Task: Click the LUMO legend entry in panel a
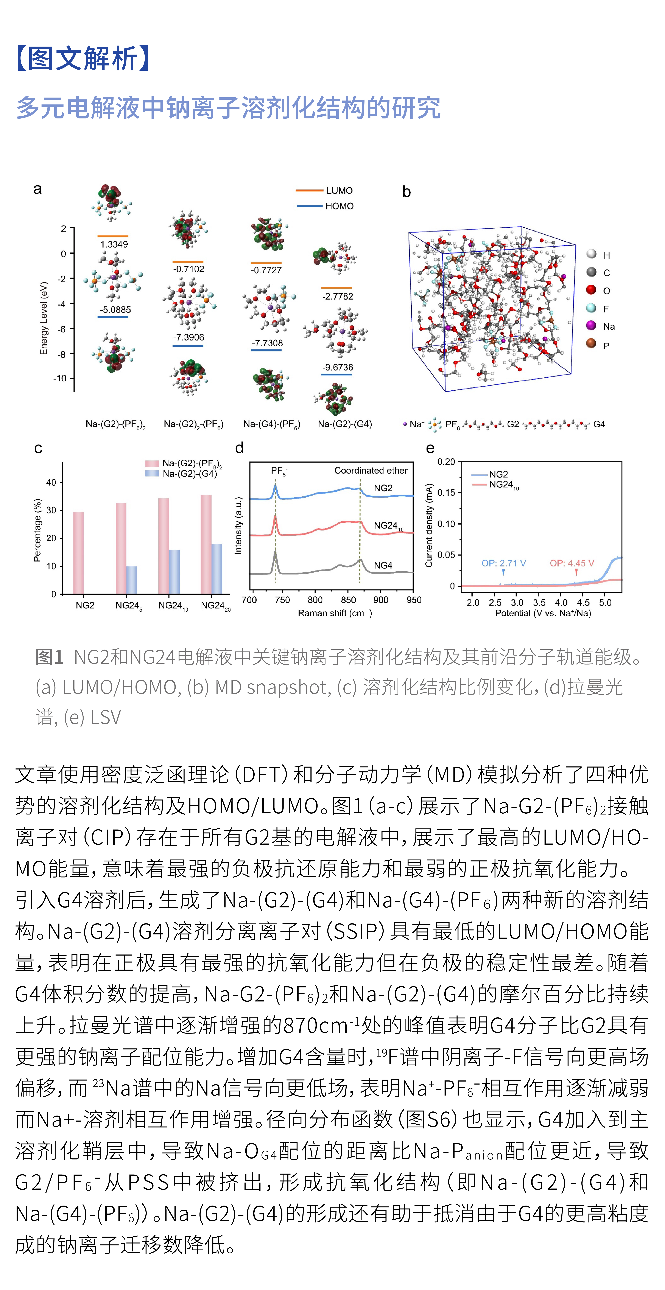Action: tap(339, 191)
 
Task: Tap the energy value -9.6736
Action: tap(338, 368)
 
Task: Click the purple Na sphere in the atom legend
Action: tap(591, 326)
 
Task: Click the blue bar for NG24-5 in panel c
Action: tap(131, 580)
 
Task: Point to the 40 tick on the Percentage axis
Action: tap(51, 483)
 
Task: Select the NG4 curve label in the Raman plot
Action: tap(383, 565)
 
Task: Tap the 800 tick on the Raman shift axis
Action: tap(315, 600)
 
